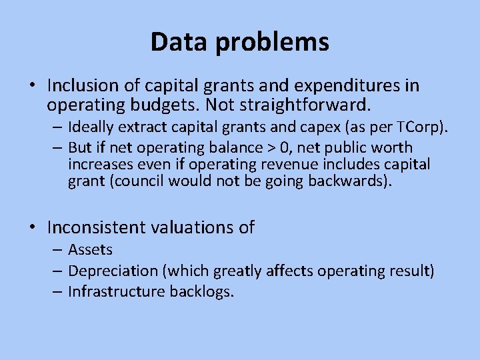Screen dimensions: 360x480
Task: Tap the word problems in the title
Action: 273,42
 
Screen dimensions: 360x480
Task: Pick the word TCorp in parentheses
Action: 417,127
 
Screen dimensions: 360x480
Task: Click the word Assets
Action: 90,250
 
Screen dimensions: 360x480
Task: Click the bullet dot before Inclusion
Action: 32,87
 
